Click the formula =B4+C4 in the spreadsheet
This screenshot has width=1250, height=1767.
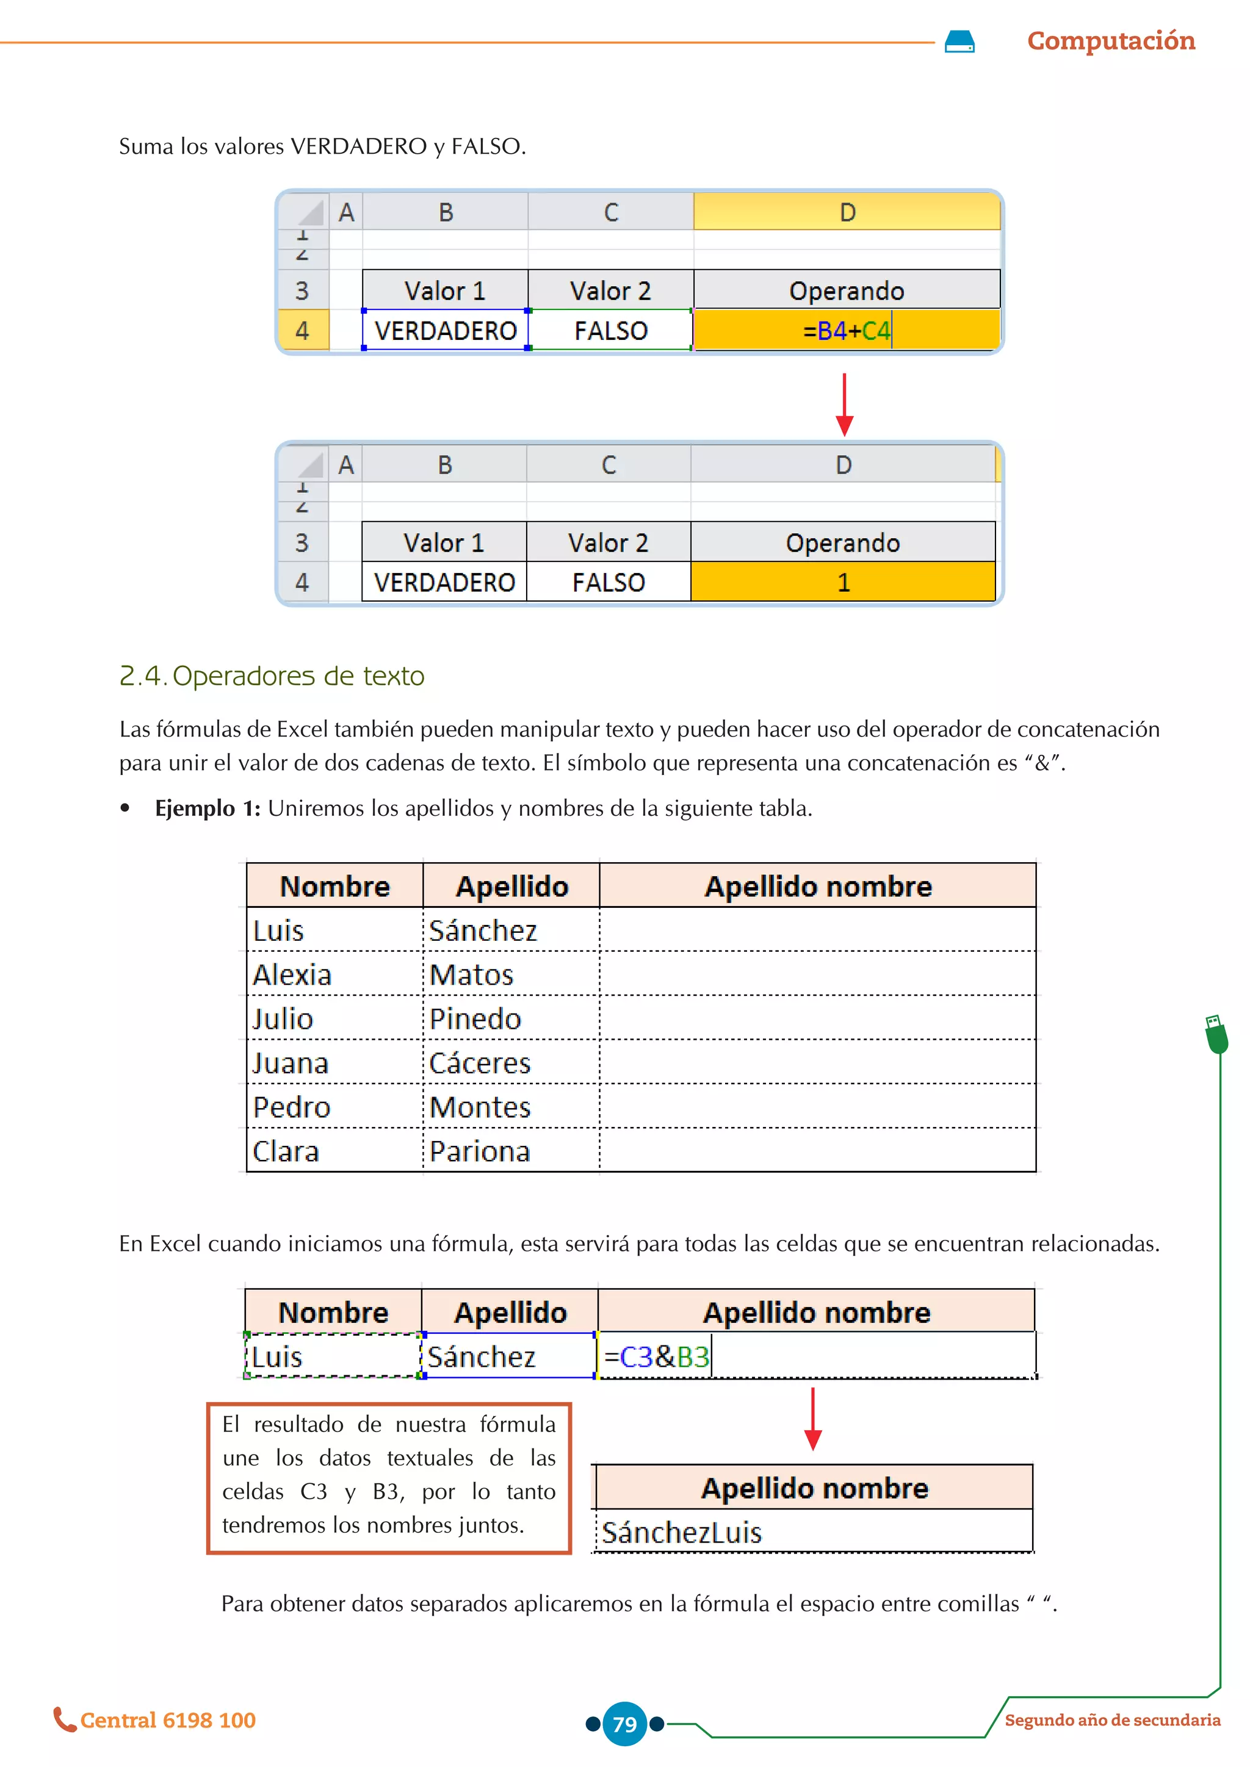tap(846, 331)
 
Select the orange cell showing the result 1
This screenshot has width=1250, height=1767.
tap(843, 582)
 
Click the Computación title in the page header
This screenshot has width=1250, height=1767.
tap(1111, 41)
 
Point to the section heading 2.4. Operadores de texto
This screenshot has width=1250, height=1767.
tap(272, 675)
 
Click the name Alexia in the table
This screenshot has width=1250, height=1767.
tap(292, 975)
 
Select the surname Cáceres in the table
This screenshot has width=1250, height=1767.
tap(480, 1063)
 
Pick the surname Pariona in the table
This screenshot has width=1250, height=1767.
tap(480, 1152)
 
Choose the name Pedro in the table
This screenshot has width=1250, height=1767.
tap(292, 1107)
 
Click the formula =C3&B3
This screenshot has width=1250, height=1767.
tap(657, 1357)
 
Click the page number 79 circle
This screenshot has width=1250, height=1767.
tap(624, 1724)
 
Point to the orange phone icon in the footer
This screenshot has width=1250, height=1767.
tap(64, 1719)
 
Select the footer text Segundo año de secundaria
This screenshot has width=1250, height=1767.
tap(1112, 1720)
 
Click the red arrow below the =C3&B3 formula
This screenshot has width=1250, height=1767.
tap(813, 1419)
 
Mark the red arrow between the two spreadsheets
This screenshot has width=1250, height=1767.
tap(844, 405)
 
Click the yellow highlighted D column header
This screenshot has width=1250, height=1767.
tap(847, 212)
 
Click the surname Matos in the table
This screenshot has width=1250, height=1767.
tap(471, 975)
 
